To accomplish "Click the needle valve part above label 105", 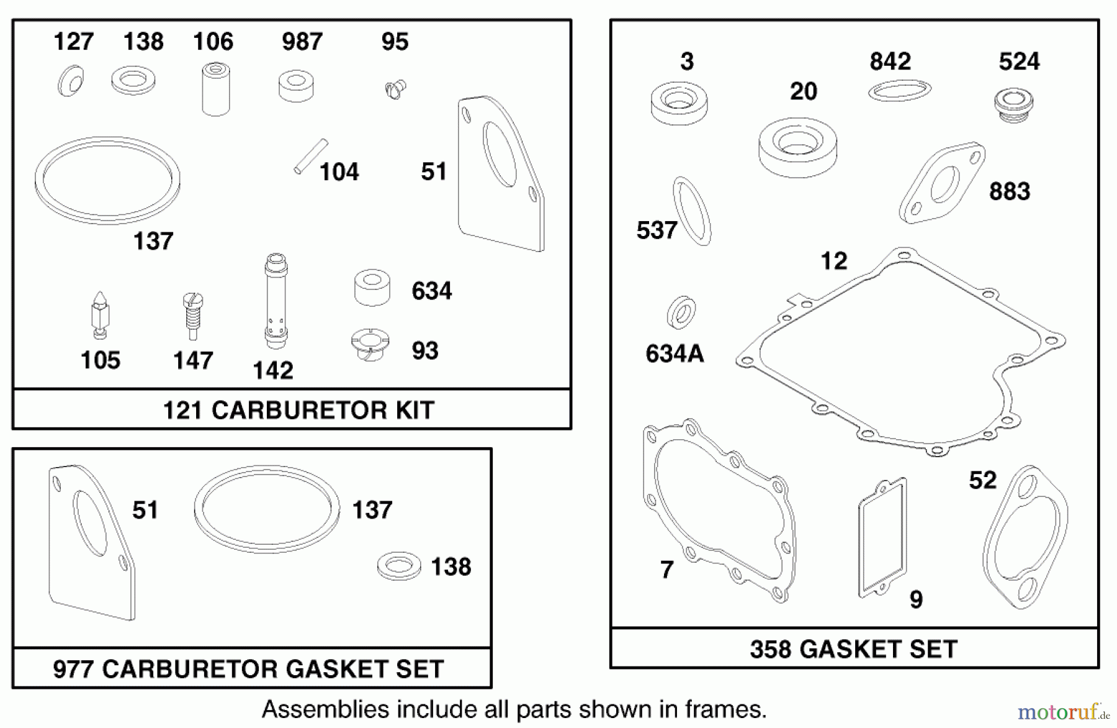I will click(100, 315).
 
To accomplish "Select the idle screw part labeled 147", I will click(193, 315).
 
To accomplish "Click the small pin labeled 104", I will click(311, 156).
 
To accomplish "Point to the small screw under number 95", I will click(395, 89).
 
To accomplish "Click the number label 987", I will click(302, 42).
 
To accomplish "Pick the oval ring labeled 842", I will click(899, 91).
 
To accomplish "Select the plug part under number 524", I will click(1013, 104).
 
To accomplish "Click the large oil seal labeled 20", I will click(797, 147).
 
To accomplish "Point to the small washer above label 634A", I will click(681, 312).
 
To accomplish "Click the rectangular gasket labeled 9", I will click(882, 537).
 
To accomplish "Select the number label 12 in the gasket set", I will click(833, 261).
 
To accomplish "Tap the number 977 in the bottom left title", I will click(73, 669).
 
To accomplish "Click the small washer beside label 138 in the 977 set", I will click(399, 566).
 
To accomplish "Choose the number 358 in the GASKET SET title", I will click(770, 649).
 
